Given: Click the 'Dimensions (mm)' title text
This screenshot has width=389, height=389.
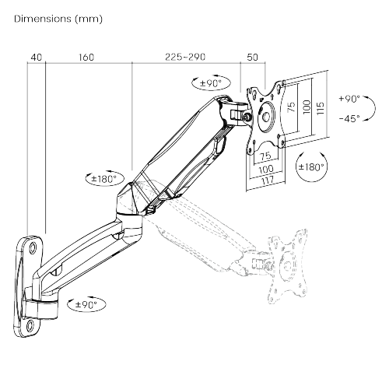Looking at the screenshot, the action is click(58, 19).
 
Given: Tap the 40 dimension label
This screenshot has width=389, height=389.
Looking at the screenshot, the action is click(37, 58).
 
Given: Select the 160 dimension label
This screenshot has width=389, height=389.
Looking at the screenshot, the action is click(86, 58).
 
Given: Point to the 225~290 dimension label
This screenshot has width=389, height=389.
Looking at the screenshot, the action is click(185, 57).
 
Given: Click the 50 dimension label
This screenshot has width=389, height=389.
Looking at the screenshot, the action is click(253, 57).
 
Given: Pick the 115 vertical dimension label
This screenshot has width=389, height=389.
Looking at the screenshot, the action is click(321, 109).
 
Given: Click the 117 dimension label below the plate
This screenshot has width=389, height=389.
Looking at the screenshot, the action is click(267, 180).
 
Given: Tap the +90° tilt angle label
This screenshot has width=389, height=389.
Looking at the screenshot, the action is click(349, 99).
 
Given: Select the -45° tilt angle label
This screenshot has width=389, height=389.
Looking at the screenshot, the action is click(349, 118).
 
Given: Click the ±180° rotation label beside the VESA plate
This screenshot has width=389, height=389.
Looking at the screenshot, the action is click(311, 166).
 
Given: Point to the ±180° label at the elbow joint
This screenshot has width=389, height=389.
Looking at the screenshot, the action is click(104, 178).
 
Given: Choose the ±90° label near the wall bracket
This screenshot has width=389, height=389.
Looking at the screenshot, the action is click(86, 304).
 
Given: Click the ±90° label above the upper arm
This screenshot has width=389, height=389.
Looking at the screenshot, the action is click(211, 83).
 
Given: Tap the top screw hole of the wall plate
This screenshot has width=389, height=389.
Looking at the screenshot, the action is click(33, 247).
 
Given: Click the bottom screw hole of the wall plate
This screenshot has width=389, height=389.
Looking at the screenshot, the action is click(30, 324).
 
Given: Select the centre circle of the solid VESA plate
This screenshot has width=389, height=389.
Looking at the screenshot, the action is click(266, 117).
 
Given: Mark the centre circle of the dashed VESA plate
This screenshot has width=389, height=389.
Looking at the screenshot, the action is click(288, 266).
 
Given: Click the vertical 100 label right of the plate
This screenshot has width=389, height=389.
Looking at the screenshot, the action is click(307, 107).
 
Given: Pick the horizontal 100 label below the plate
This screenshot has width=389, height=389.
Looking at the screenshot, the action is click(266, 170).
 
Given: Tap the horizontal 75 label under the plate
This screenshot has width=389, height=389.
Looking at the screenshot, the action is click(265, 156).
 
